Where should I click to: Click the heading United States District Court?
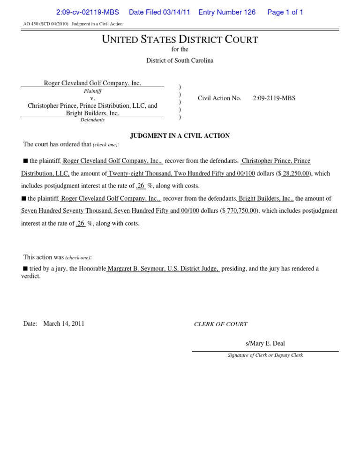[180, 39]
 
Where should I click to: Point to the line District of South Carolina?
[180, 60]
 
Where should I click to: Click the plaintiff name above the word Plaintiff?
[92, 83]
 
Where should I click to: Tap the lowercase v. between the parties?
[92, 98]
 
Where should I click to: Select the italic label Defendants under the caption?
[92, 120]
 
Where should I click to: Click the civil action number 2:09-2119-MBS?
[274, 98]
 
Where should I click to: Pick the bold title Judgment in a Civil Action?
[180, 136]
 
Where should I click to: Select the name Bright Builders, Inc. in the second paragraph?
[266, 199]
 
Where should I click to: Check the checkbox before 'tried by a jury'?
[26, 269]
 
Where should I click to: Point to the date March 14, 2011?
[64, 323]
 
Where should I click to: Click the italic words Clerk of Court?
[221, 324]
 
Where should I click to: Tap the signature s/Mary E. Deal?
[265, 344]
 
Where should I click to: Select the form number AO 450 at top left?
[30, 24]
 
